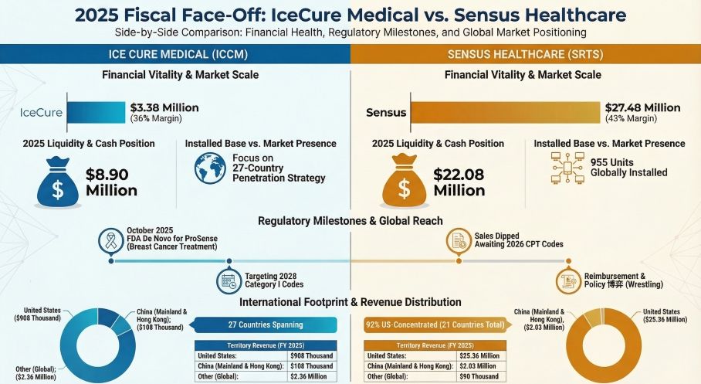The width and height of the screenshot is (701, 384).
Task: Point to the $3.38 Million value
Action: (x=164, y=107)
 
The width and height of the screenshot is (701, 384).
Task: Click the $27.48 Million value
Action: (x=642, y=107)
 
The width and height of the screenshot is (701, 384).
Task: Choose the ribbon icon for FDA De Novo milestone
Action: (x=113, y=241)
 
